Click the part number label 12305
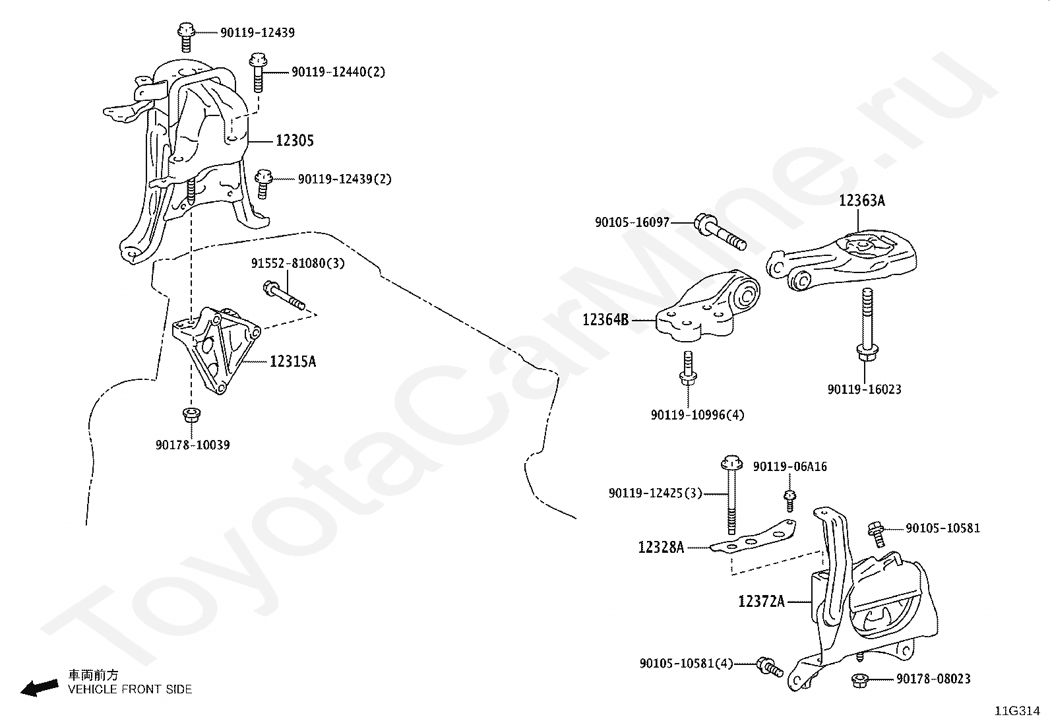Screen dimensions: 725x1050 [x=294, y=141]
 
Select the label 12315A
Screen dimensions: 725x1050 [x=292, y=362]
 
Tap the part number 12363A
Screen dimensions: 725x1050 [x=861, y=201]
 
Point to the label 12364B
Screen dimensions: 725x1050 [x=605, y=320]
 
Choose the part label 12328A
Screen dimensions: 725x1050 [x=661, y=547]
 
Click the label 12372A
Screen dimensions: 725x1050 [x=761, y=601]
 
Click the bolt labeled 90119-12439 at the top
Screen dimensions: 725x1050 [x=185, y=36]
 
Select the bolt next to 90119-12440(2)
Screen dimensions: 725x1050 [x=257, y=72]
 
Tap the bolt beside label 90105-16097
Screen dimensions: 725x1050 [x=718, y=233]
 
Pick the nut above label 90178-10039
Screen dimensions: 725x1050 [x=191, y=416]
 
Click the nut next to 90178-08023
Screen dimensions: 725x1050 [x=859, y=679]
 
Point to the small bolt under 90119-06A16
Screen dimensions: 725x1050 [x=789, y=499]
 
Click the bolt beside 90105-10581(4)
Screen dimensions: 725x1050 [x=769, y=666]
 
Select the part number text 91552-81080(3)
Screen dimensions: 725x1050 [x=297, y=263]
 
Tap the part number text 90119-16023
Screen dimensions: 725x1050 [x=864, y=389]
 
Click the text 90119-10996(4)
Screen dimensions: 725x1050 [x=697, y=415]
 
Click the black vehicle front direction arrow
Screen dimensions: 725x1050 [x=39, y=687]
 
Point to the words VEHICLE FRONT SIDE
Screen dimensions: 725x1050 [x=130, y=689]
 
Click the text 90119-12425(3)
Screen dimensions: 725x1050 [x=656, y=493]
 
